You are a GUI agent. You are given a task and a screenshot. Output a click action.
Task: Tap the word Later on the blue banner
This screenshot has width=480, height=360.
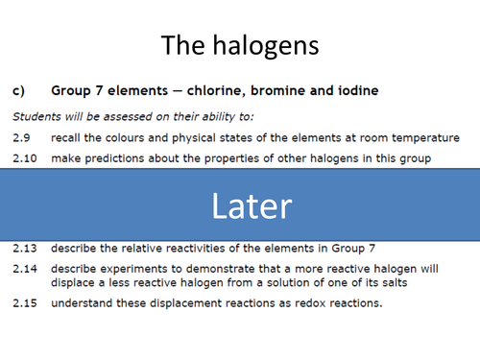pyautogui.click(x=252, y=205)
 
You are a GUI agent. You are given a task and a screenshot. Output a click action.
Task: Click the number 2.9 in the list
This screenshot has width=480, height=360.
pyautogui.click(x=20, y=137)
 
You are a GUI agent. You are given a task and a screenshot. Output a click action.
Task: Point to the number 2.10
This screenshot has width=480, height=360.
pyautogui.click(x=23, y=156)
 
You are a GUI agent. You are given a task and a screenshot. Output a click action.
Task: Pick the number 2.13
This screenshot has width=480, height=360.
pyautogui.click(x=23, y=248)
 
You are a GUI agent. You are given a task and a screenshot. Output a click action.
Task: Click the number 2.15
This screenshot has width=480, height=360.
pyautogui.click(x=23, y=304)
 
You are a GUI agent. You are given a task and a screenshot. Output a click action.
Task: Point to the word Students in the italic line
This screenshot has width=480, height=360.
pyautogui.click(x=36, y=117)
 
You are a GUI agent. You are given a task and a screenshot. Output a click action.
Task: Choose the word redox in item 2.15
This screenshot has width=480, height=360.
pyautogui.click(x=291, y=304)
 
